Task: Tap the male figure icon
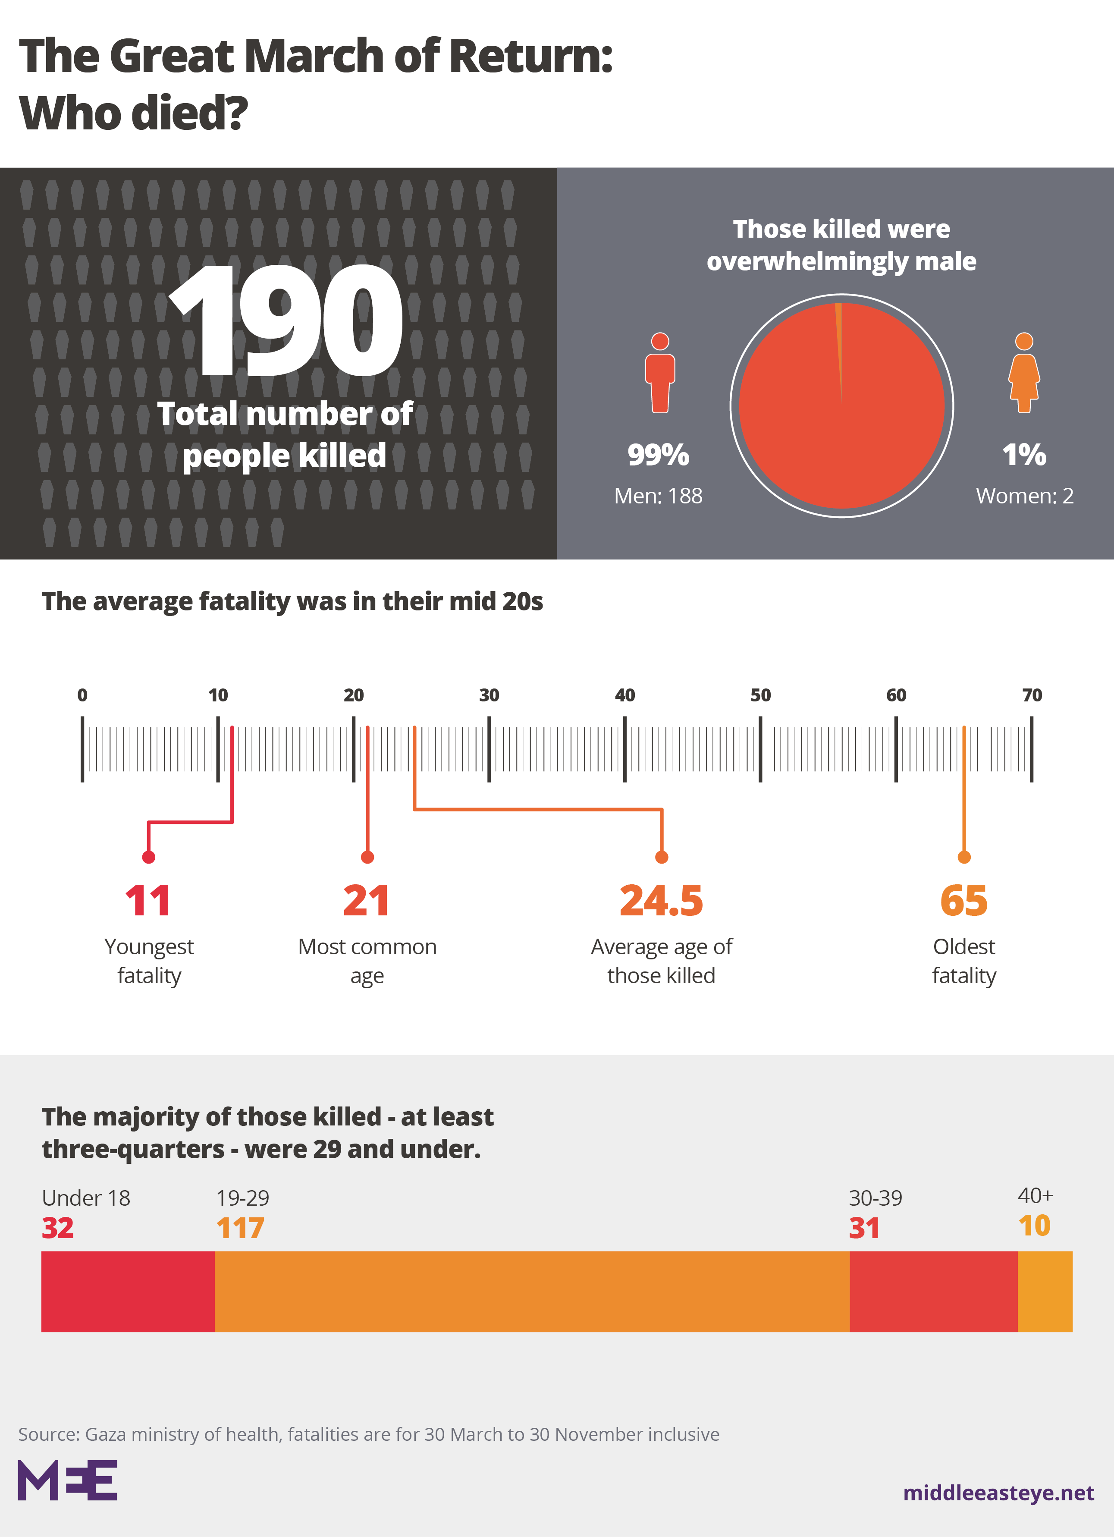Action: click(x=660, y=373)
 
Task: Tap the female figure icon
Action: click(x=1024, y=373)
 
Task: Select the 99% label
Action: click(x=658, y=455)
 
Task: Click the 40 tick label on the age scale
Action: click(x=625, y=695)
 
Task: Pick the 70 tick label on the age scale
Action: click(x=1032, y=695)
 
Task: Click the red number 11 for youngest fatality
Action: click(x=148, y=901)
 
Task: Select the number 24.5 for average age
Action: click(x=661, y=901)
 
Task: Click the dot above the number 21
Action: click(x=367, y=857)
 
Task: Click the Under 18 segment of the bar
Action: click(x=128, y=1292)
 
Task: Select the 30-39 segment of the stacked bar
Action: click(x=934, y=1292)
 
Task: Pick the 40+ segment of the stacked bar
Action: click(x=1045, y=1292)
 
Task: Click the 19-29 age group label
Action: click(x=242, y=1198)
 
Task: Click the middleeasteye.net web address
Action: click(x=999, y=1493)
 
